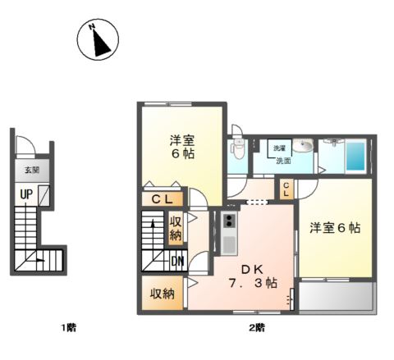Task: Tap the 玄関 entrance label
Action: click(x=31, y=171)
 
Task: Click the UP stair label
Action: click(x=27, y=194)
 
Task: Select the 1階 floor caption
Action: click(x=69, y=328)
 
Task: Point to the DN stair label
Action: click(x=177, y=262)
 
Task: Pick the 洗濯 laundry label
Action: click(x=280, y=148)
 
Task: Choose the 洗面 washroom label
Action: click(x=283, y=161)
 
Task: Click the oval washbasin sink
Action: click(x=304, y=147)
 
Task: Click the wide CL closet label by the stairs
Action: click(x=161, y=199)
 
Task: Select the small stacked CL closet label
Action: click(x=285, y=190)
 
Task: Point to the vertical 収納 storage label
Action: click(x=176, y=228)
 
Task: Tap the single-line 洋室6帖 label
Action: click(x=335, y=227)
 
